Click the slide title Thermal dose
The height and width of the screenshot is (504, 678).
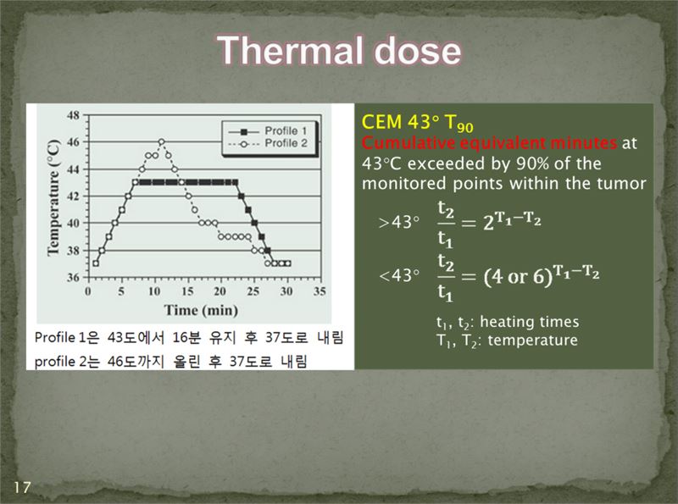[x=339, y=51]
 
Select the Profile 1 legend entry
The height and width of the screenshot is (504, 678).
[x=268, y=131]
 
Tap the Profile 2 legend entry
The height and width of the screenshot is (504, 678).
[x=268, y=143]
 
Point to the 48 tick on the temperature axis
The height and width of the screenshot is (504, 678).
[x=74, y=115]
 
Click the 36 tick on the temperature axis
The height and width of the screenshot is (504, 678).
[x=74, y=277]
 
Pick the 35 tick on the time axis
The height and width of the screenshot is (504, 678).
[x=320, y=291]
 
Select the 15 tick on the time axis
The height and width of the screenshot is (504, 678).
[x=187, y=291]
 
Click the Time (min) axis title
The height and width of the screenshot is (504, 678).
[x=201, y=310]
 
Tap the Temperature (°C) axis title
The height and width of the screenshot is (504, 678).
[x=53, y=198]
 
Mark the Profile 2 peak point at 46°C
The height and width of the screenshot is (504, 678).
[x=161, y=141]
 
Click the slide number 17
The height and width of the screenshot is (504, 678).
[x=22, y=487]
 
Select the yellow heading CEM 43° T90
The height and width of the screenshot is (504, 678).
[x=417, y=123]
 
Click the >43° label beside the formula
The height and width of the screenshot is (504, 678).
[x=398, y=222]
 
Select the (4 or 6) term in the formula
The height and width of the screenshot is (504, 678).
[x=518, y=276]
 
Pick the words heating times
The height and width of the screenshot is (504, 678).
[x=529, y=322]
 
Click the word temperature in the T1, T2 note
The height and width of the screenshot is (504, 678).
[x=532, y=341]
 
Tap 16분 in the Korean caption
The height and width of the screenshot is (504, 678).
[x=186, y=337]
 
